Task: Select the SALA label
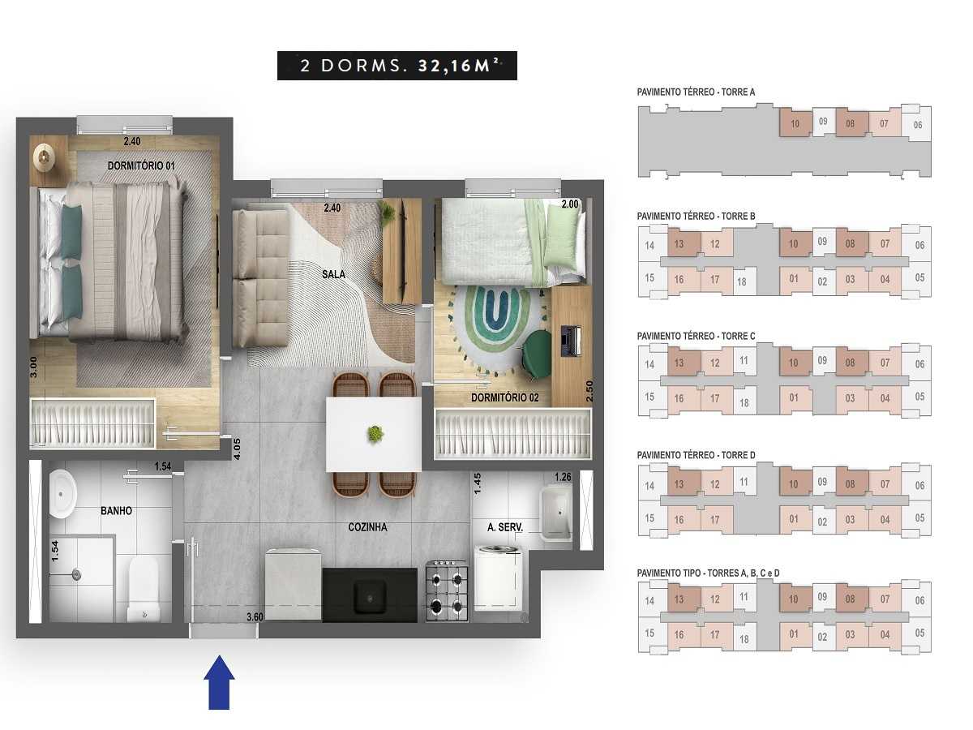click(x=332, y=274)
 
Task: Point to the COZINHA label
click(x=367, y=527)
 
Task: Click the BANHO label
click(x=116, y=511)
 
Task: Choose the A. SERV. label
click(x=504, y=527)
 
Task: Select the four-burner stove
click(x=447, y=591)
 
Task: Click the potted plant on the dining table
click(x=375, y=434)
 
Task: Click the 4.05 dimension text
click(x=238, y=449)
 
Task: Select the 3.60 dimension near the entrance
click(x=255, y=617)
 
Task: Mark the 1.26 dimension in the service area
click(x=563, y=477)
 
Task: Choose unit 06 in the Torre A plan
click(x=917, y=125)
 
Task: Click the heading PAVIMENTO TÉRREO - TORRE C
click(x=696, y=336)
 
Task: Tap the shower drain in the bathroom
click(x=75, y=574)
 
